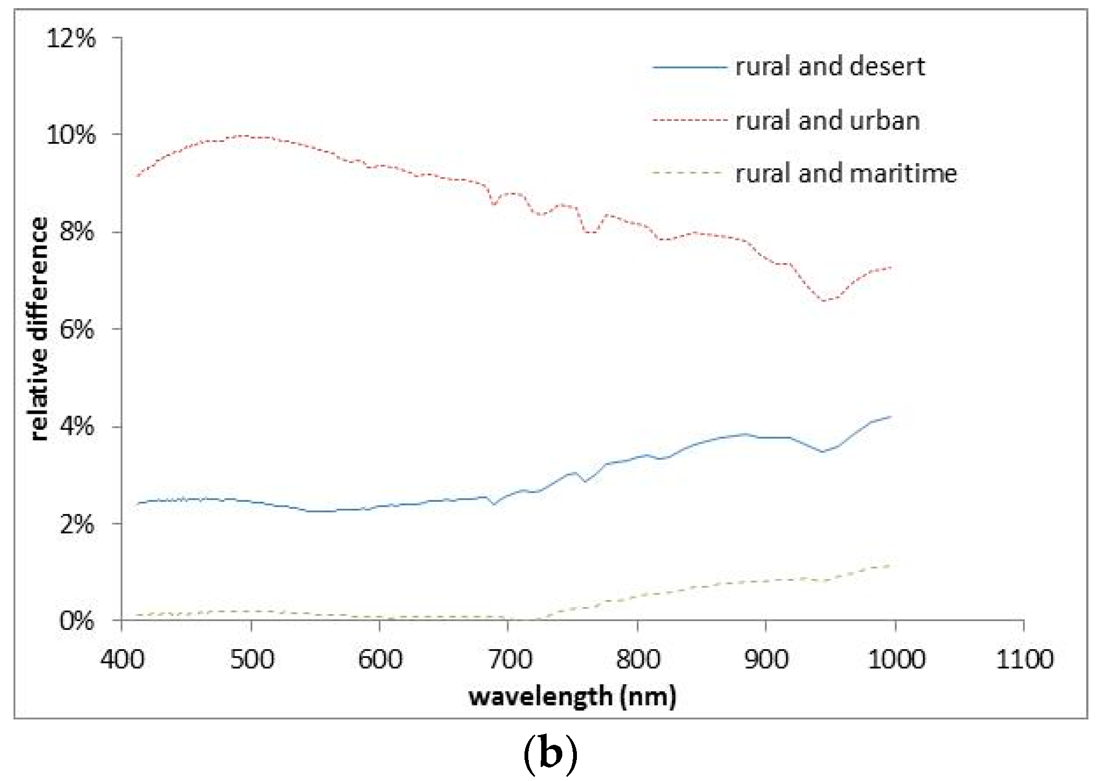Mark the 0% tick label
pos(78,622)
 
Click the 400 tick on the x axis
pos(122,659)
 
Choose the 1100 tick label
pos(1024,659)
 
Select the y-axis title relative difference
pos(39,329)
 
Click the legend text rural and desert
pos(830,66)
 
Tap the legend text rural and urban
pos(828,120)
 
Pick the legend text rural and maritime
pos(846,173)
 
